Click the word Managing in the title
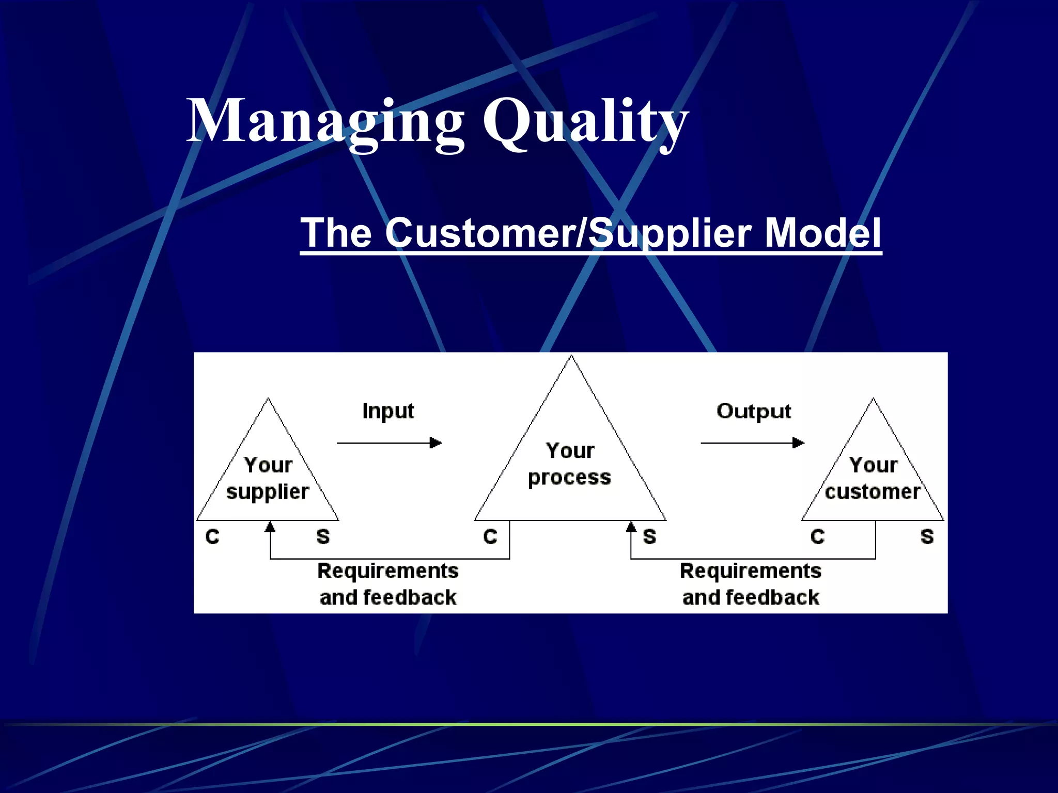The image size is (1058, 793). (x=325, y=122)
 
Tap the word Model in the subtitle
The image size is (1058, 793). (x=822, y=233)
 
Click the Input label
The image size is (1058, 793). (x=388, y=411)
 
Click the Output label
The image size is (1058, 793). (x=753, y=411)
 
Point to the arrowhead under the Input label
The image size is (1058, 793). (x=436, y=443)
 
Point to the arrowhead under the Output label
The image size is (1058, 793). (x=799, y=443)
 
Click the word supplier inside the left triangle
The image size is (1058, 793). (x=268, y=492)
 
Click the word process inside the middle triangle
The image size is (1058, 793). (x=569, y=478)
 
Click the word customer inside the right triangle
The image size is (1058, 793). (x=873, y=491)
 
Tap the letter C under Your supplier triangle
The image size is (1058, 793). (x=212, y=537)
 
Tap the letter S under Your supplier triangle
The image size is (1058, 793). (x=323, y=537)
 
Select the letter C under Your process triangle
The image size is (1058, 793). (x=490, y=537)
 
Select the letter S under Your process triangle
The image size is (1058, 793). (x=649, y=537)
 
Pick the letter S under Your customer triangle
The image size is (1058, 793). (x=927, y=537)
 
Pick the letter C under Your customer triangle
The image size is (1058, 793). (x=817, y=537)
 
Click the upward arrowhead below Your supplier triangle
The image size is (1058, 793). (x=270, y=527)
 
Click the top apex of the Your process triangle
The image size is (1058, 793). (x=571, y=356)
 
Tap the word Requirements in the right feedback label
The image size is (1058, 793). (x=751, y=571)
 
